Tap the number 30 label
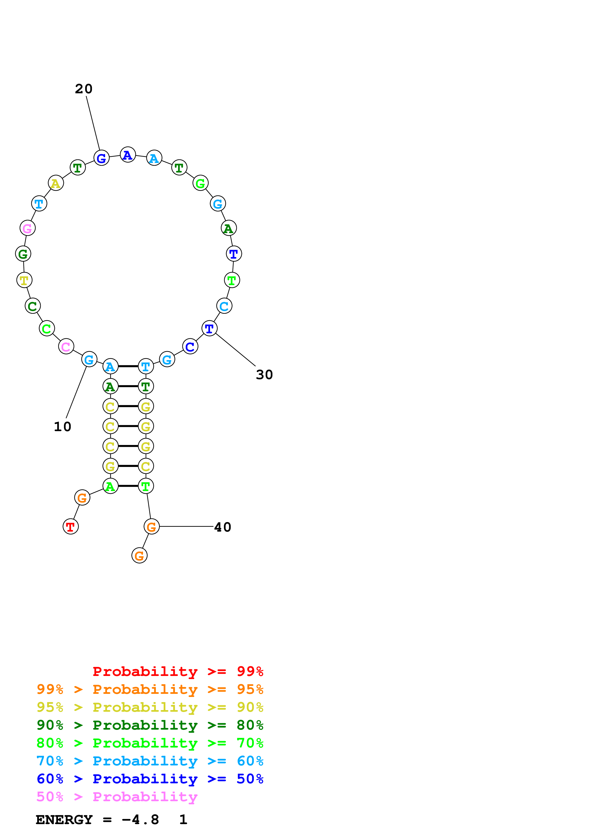pos(264,375)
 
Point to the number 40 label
pos(222,527)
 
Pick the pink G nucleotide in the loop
pos(27,228)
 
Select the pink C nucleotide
pos(66,346)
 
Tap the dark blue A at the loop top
pos(128,155)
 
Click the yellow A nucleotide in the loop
pos(56,183)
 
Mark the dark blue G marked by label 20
pos(101,158)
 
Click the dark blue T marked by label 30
pos(209,328)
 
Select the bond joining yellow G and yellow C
pos(128,466)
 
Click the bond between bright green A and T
pos(128,486)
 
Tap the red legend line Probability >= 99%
pos(178,671)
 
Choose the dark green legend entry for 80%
pos(150,725)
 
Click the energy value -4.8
pos(140,820)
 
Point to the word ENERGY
pos(64,820)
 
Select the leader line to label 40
pos(186,526)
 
